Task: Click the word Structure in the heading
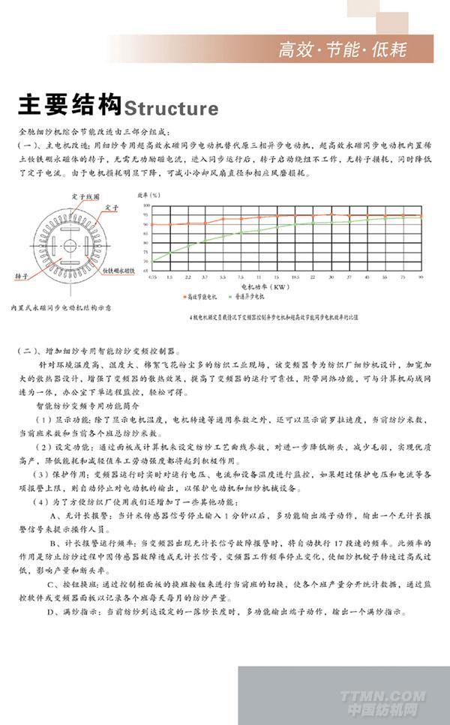pos(172,109)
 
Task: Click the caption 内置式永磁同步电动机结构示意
pos(61,307)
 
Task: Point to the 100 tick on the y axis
pos(147,205)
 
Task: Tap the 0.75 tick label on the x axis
pos(152,277)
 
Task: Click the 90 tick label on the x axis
pos(421,277)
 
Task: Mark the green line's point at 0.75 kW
pos(152,261)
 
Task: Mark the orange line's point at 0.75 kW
pos(152,224)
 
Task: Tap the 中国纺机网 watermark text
pos(382,709)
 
